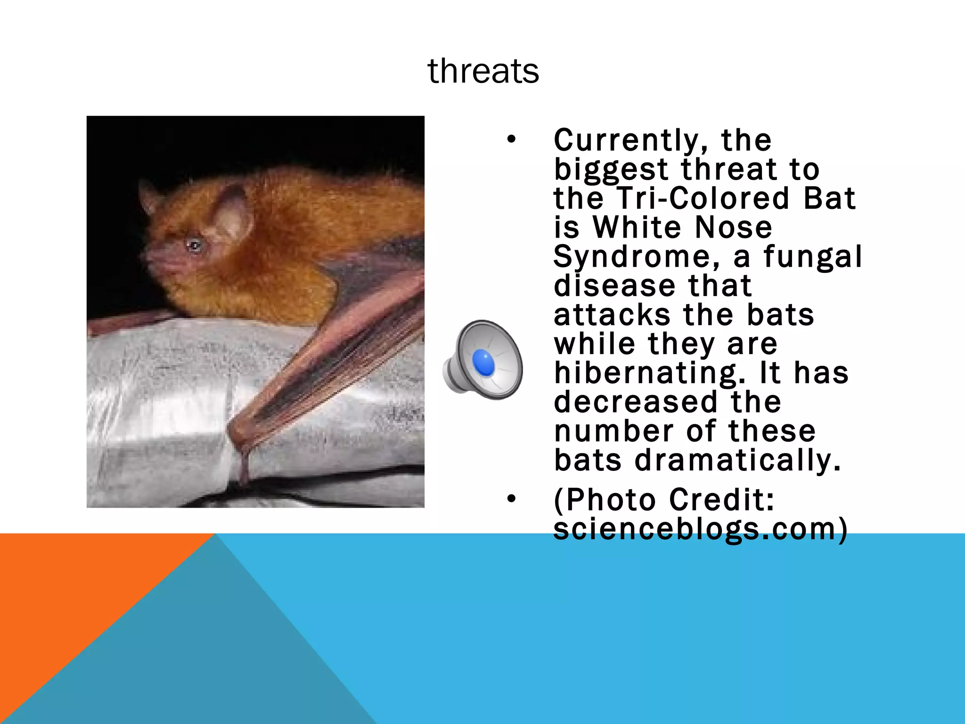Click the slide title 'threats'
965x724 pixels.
tap(483, 71)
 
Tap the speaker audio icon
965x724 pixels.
tap(483, 359)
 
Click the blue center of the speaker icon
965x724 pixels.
tap(483, 362)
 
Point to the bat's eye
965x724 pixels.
tap(194, 245)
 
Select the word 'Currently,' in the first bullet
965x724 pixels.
tap(631, 140)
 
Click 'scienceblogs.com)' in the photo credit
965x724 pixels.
tap(700, 529)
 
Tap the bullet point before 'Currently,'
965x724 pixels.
tap(512, 140)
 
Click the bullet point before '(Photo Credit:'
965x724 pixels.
tap(512, 499)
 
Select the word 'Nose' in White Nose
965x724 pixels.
tap(734, 228)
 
